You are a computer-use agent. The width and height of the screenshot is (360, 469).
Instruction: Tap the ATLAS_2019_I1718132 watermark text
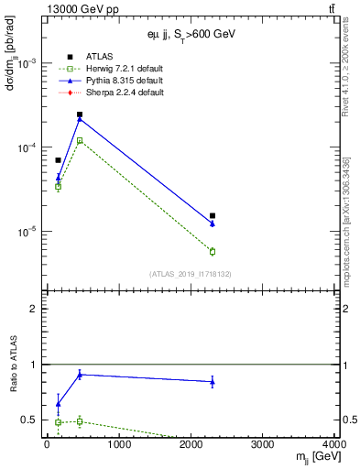(x=190, y=273)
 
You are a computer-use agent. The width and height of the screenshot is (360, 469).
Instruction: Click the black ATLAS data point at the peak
(x=80, y=115)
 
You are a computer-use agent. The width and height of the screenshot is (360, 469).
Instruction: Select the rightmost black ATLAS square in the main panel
(x=213, y=216)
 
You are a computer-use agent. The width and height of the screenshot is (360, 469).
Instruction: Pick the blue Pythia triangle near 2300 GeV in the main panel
(x=213, y=224)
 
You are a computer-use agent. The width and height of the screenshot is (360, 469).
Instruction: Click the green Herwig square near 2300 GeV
(x=213, y=251)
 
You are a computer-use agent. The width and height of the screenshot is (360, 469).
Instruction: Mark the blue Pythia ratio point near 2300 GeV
(x=213, y=382)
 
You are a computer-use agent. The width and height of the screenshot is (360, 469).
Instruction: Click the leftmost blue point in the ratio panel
(x=58, y=404)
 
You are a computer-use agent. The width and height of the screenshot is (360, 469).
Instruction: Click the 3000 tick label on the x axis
(x=263, y=446)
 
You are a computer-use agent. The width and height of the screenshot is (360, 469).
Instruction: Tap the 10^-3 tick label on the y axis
(x=27, y=63)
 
